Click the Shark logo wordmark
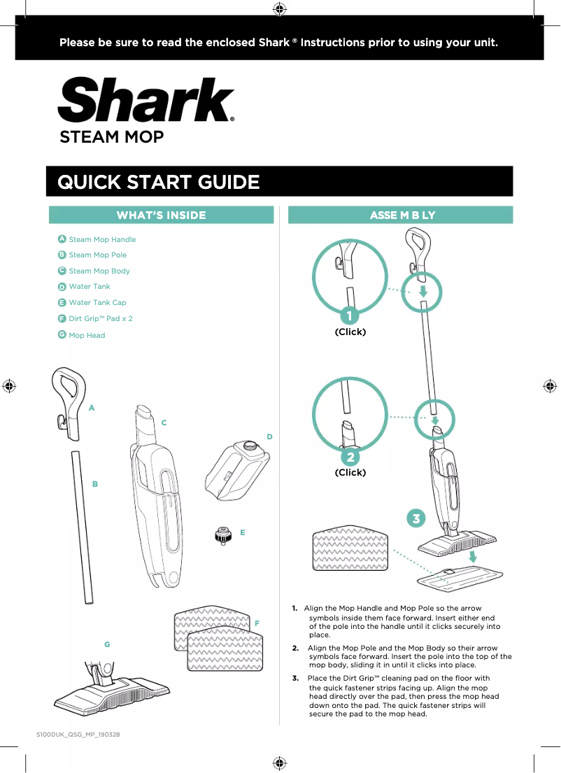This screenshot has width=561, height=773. pyautogui.click(x=145, y=100)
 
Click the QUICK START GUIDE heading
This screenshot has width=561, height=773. pyautogui.click(x=158, y=183)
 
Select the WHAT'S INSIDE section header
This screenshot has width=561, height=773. pyautogui.click(x=161, y=215)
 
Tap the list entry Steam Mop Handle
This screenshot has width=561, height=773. pyautogui.click(x=102, y=239)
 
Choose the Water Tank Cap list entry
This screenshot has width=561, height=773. pyautogui.click(x=97, y=302)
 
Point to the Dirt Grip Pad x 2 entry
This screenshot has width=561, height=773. pyautogui.click(x=100, y=318)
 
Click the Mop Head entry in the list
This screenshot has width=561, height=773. pyautogui.click(x=87, y=335)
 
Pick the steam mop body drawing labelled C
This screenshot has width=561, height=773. pyautogui.click(x=157, y=497)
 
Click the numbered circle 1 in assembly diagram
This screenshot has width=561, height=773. pyautogui.click(x=349, y=316)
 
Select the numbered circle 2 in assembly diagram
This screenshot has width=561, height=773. pyautogui.click(x=349, y=457)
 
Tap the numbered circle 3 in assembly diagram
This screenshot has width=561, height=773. pyautogui.click(x=416, y=519)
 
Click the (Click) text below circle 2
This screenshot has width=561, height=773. pyautogui.click(x=350, y=472)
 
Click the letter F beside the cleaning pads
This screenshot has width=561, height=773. pyautogui.click(x=257, y=623)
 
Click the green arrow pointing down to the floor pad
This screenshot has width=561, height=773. pyautogui.click(x=474, y=557)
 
